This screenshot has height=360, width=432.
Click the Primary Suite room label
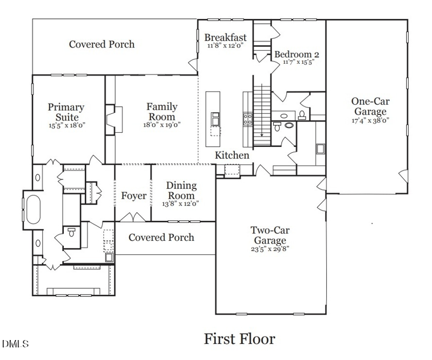pyautogui.click(x=66, y=112)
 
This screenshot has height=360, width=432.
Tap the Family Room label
pyautogui.click(x=161, y=112)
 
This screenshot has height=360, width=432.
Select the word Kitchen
pyautogui.click(x=232, y=155)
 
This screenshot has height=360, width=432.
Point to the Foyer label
pyautogui.click(x=133, y=196)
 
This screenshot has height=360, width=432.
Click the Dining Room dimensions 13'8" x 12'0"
pyautogui.click(x=181, y=204)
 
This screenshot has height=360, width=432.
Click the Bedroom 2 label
pyautogui.click(x=297, y=55)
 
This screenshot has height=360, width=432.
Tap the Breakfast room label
pyautogui.click(x=225, y=38)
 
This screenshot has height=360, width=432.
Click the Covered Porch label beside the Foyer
pyautogui.click(x=161, y=237)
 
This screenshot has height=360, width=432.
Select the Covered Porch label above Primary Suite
pyautogui.click(x=102, y=44)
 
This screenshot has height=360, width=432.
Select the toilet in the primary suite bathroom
pyautogui.click(x=71, y=233)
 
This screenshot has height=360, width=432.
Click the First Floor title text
pyautogui.click(x=239, y=339)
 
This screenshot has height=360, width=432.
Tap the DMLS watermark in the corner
pyautogui.click(x=16, y=344)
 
